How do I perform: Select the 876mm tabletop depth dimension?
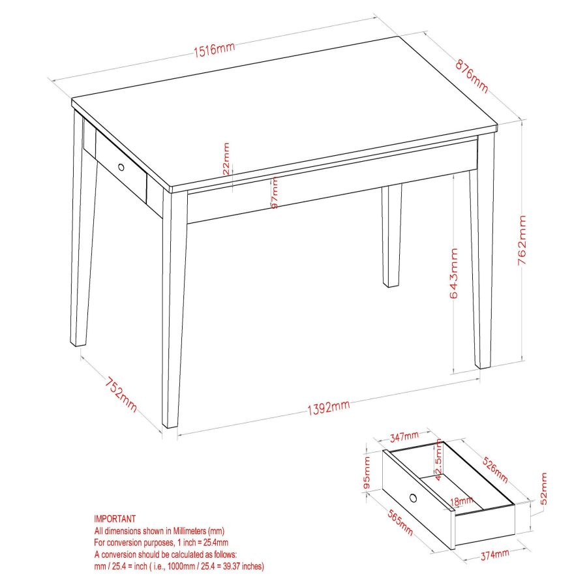[x=472, y=76]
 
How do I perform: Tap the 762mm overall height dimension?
[x=522, y=240]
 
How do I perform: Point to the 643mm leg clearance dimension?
[x=453, y=273]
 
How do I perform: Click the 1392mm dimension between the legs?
[x=328, y=408]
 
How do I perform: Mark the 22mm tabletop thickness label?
[x=226, y=158]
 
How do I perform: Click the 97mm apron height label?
[x=275, y=192]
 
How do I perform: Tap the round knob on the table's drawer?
[x=121, y=167]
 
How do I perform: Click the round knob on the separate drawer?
[x=414, y=498]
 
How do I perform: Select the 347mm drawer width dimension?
[x=404, y=436]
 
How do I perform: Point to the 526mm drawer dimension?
[x=495, y=470]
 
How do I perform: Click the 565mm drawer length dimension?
[x=400, y=522]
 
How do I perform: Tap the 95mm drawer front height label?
[x=367, y=472]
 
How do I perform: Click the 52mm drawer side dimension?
[x=543, y=489]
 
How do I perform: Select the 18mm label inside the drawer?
[x=462, y=501]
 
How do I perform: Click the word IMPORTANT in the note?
[x=115, y=519]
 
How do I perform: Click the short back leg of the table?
[x=391, y=235]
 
